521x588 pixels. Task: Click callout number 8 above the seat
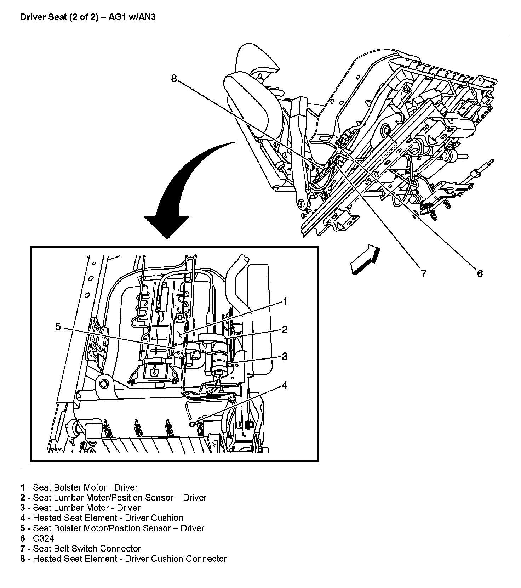pyautogui.click(x=173, y=78)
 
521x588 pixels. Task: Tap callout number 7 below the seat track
pyautogui.click(x=423, y=273)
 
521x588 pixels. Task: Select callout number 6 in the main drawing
pyautogui.click(x=480, y=273)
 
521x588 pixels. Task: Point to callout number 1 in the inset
pyautogui.click(x=285, y=301)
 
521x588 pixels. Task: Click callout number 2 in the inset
pyautogui.click(x=285, y=329)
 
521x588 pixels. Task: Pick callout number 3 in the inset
pyautogui.click(x=285, y=357)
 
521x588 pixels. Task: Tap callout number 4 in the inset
pyautogui.click(x=285, y=385)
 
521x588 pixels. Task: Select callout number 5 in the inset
pyautogui.click(x=58, y=327)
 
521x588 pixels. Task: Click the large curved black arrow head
pyautogui.click(x=167, y=227)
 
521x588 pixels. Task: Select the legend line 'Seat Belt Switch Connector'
pyautogui.click(x=87, y=549)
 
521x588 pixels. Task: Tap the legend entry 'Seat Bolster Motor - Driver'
pyautogui.click(x=85, y=487)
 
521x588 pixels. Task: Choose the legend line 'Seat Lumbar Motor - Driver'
pyautogui.click(x=87, y=508)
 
